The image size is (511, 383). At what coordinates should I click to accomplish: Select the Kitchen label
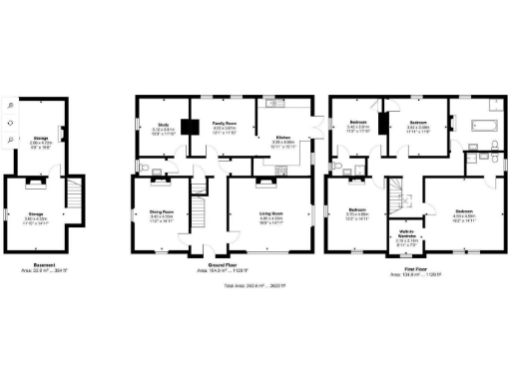pos(283,140)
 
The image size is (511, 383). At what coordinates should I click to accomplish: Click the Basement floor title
pos(41,266)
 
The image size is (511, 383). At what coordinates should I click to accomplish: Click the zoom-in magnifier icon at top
pos(10,104)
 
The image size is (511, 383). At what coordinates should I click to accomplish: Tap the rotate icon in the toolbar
pos(10,122)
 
